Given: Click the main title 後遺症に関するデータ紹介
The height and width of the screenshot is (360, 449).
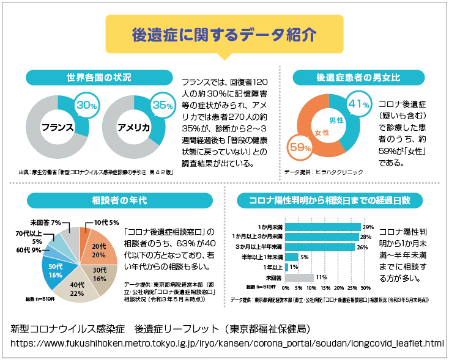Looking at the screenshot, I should [224, 34].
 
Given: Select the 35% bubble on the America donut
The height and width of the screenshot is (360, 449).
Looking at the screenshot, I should [163, 105].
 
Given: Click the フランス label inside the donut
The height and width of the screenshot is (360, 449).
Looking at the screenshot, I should [58, 128].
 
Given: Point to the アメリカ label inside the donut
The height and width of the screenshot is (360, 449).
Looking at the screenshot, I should [134, 128].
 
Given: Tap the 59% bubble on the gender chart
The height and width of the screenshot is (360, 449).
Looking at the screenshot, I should [301, 147].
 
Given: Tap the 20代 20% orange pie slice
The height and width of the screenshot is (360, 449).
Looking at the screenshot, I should [99, 249].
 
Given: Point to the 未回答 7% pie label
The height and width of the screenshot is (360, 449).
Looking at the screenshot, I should [45, 222].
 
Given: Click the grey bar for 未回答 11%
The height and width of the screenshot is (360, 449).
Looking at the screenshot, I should [299, 277].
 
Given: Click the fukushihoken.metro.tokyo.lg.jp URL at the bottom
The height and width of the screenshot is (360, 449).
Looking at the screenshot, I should [227, 343].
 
